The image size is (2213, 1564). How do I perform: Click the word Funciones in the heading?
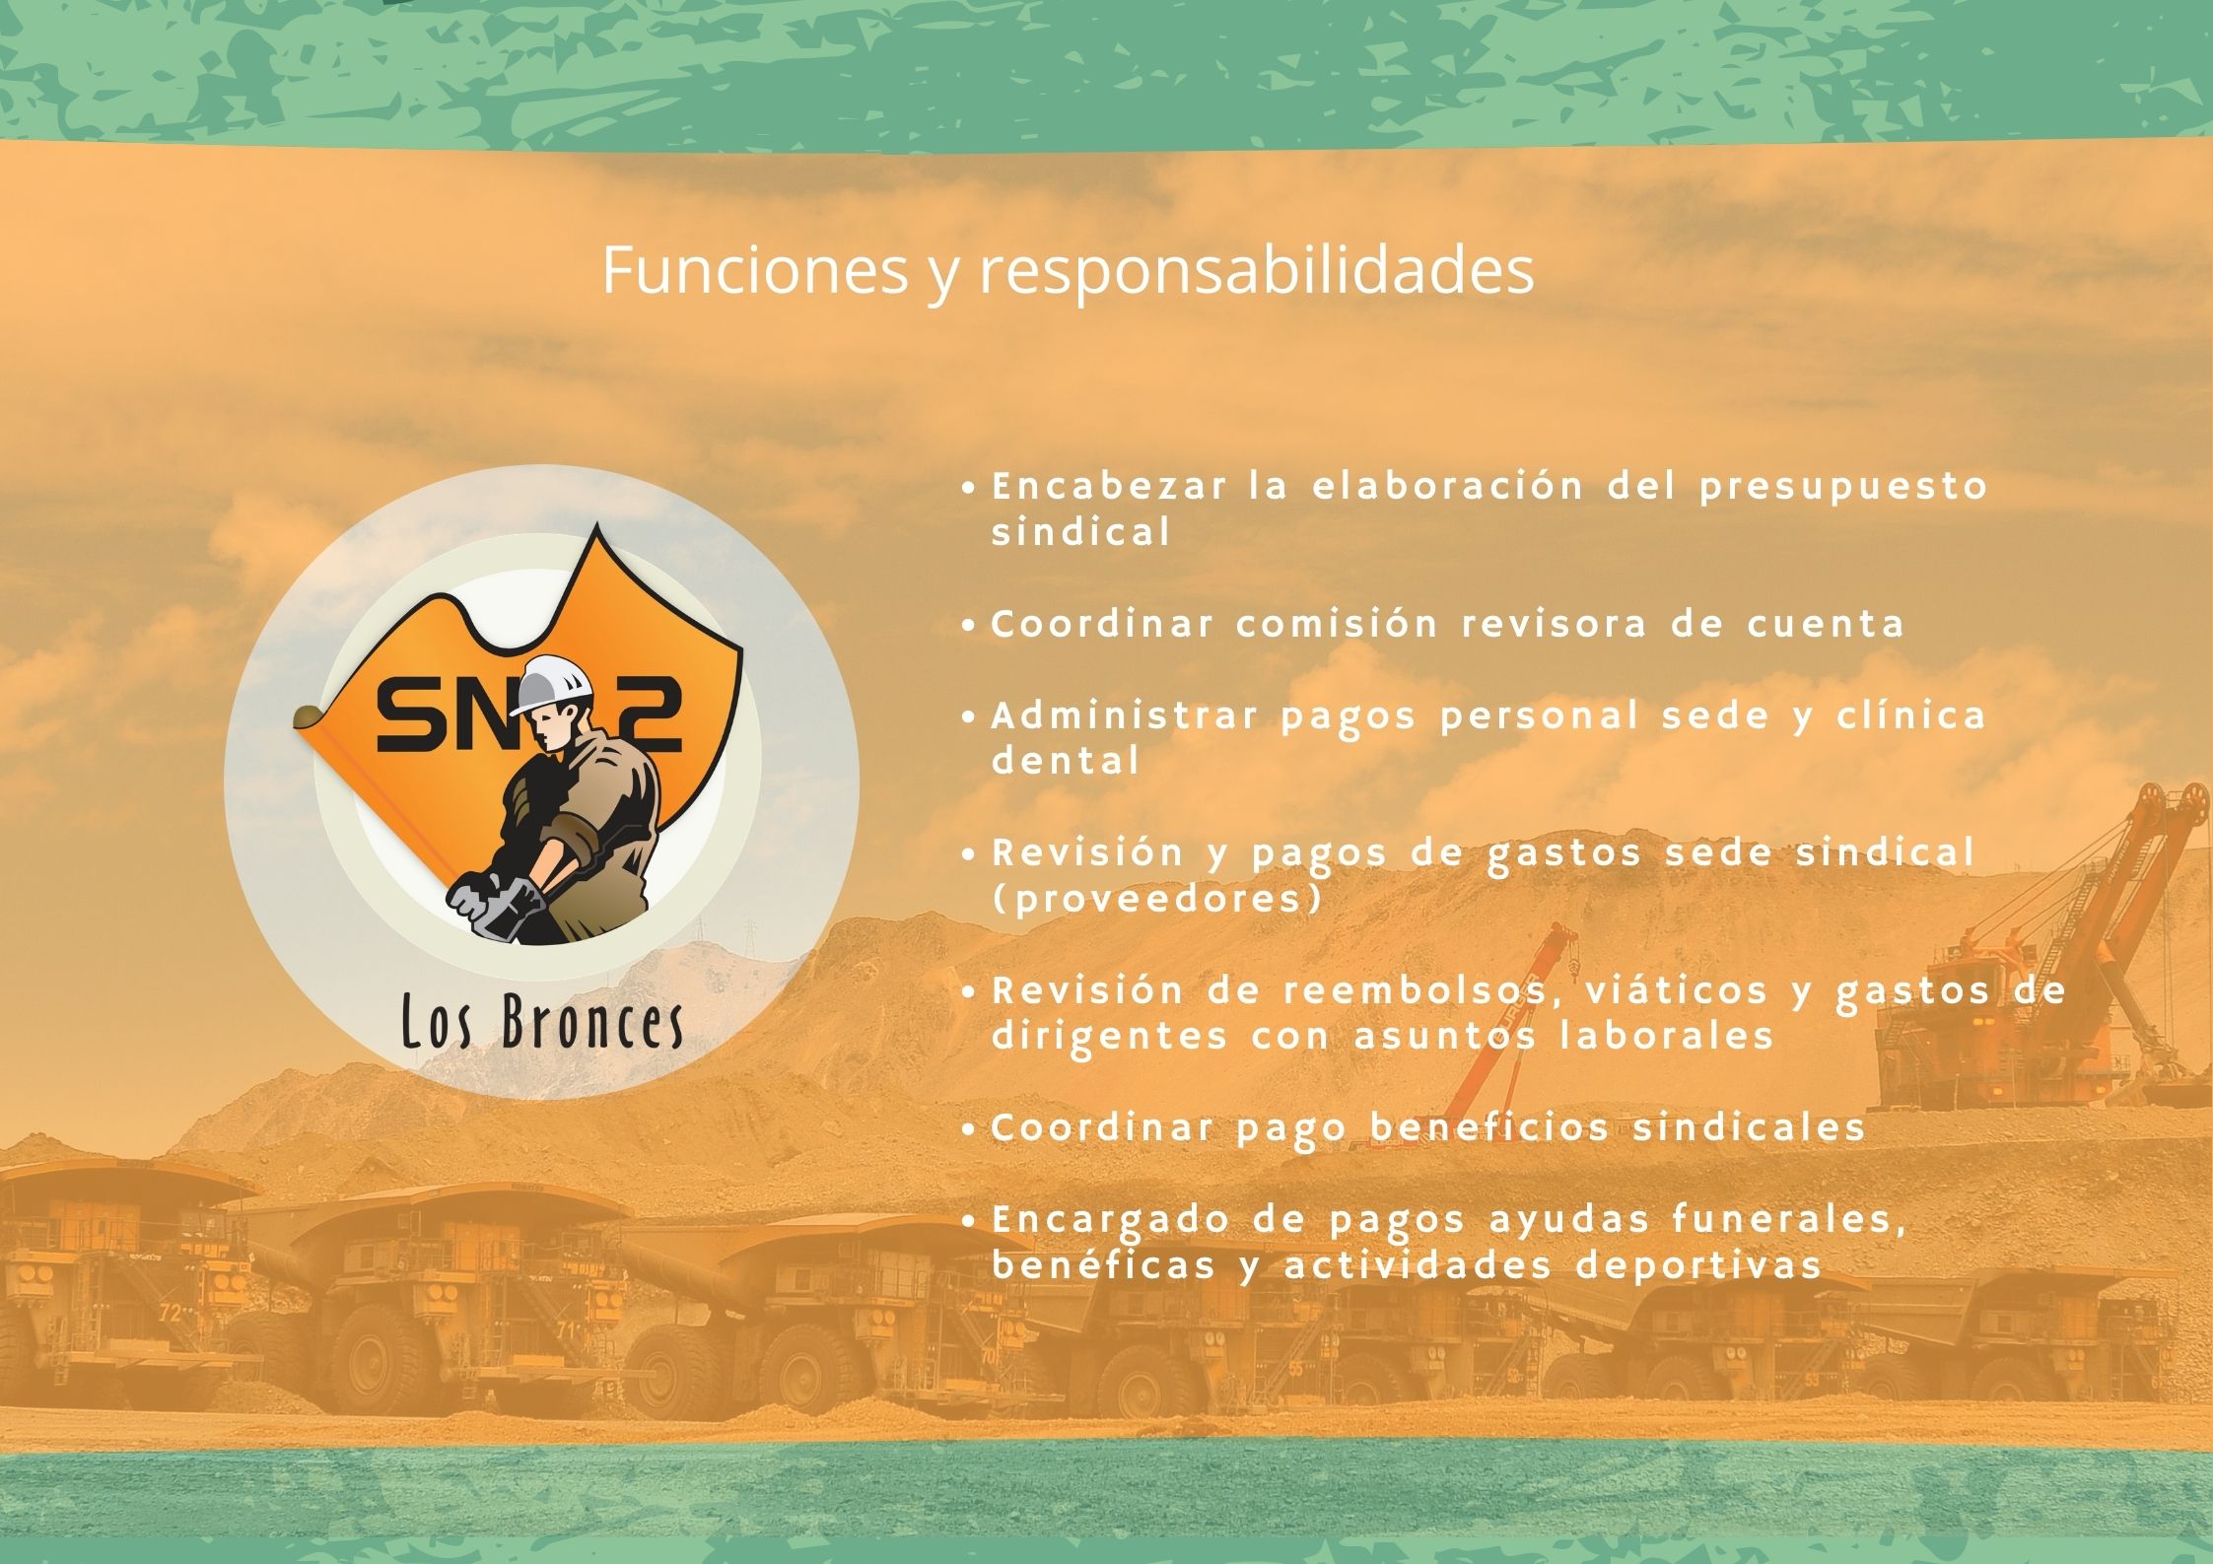(754, 268)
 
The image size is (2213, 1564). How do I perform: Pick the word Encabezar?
(1109, 486)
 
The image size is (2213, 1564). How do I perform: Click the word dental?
(1066, 761)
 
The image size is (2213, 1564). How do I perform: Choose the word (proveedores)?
(1156, 900)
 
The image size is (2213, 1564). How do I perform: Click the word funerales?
(1786, 1221)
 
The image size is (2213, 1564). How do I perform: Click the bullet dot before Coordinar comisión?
(970, 625)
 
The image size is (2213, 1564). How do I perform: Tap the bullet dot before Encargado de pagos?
(970, 1221)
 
